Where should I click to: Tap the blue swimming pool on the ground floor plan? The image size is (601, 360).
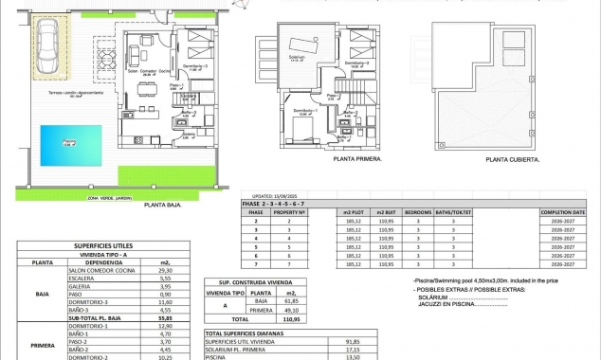tap(65, 145)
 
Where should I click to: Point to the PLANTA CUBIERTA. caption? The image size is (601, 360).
tap(511, 159)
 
